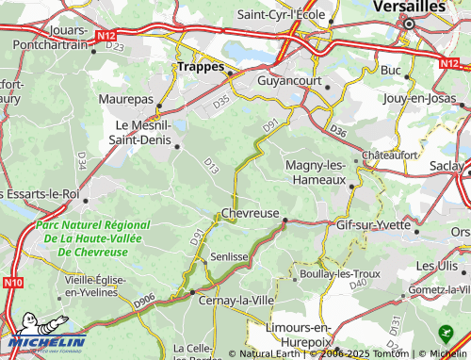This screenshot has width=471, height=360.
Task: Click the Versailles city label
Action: click(x=410, y=6)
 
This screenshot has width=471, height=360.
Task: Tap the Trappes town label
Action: click(x=200, y=67)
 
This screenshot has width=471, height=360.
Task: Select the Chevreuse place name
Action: click(x=250, y=213)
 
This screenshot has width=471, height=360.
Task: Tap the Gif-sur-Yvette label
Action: click(x=377, y=225)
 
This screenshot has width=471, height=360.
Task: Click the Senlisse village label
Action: click(x=229, y=255)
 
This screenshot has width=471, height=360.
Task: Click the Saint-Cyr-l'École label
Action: click(x=282, y=14)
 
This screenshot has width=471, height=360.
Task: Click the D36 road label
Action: click(x=339, y=130)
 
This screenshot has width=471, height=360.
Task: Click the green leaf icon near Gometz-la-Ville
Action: click(x=447, y=333)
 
